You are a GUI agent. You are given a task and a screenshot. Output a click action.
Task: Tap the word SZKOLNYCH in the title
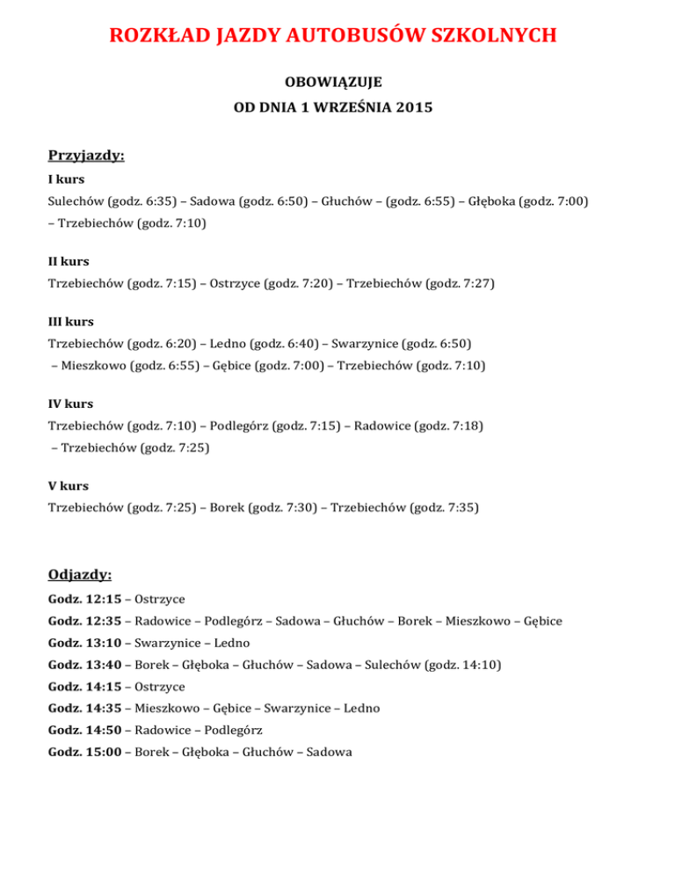click(x=496, y=35)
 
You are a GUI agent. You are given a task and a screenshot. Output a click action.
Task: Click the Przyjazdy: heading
click(x=86, y=157)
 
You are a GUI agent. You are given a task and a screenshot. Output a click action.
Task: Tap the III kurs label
click(x=71, y=322)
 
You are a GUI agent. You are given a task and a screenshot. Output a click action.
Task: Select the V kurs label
click(x=68, y=485)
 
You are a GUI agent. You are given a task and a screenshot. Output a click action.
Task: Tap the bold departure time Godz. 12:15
click(x=84, y=599)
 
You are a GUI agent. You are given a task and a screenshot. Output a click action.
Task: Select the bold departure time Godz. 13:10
click(x=84, y=643)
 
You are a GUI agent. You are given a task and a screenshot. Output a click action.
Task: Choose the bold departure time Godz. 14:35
click(x=84, y=708)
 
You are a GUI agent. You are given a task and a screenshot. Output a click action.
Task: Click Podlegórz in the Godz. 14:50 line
click(x=233, y=730)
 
